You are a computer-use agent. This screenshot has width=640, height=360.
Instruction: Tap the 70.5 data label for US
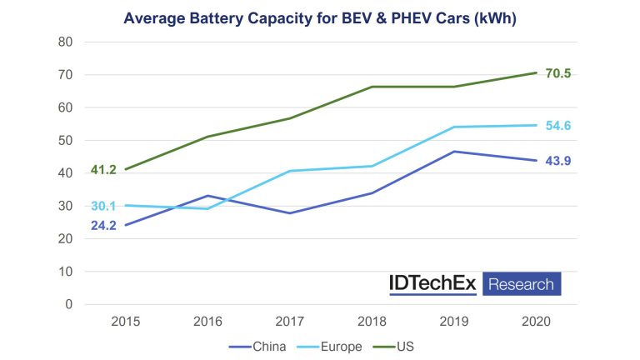(x=558, y=73)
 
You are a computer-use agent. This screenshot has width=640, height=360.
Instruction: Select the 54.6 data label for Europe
(x=558, y=125)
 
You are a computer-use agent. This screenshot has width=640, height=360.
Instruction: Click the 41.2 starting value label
(x=104, y=170)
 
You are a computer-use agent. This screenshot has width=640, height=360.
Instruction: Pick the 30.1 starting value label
(x=104, y=206)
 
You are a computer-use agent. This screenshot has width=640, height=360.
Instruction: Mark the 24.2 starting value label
(x=104, y=225)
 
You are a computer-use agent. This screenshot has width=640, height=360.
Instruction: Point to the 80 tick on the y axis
(x=66, y=42)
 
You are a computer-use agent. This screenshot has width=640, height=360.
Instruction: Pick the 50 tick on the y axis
(x=66, y=140)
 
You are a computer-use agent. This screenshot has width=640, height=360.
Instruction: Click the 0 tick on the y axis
(x=69, y=304)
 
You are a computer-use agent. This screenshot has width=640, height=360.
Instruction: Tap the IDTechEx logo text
(x=432, y=283)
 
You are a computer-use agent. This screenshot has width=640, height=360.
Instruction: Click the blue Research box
(x=521, y=284)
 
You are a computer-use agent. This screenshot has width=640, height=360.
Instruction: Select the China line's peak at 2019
(x=455, y=152)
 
